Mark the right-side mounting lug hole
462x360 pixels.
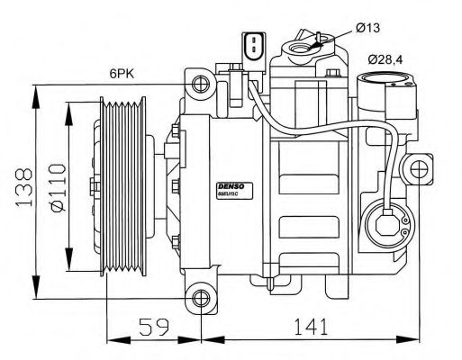click(417, 167)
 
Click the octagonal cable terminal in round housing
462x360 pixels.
click(390, 219)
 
